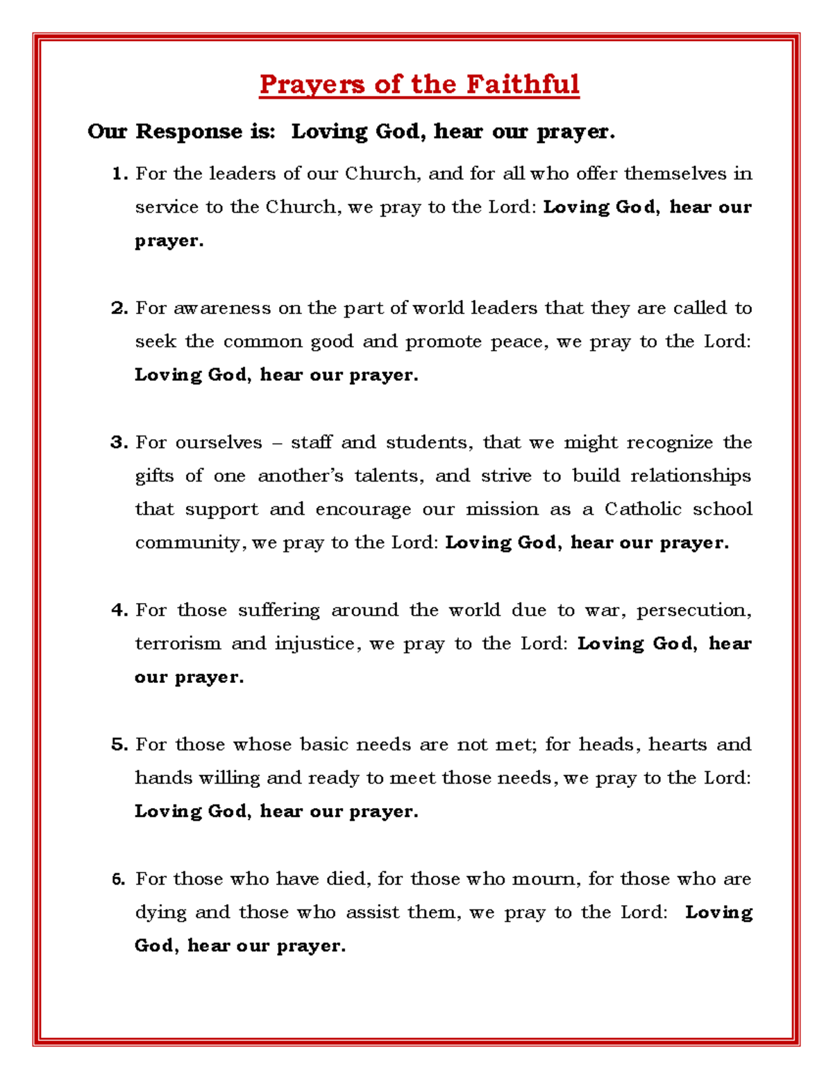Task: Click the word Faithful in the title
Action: pos(522,84)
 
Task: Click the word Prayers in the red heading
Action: pos(312,85)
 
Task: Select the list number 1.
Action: pos(119,174)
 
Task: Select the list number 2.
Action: pos(119,308)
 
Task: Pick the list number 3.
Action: pos(119,443)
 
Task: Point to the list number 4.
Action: pos(119,610)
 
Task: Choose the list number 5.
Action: pos(119,745)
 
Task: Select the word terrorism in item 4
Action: pos(177,643)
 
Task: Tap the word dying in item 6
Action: pos(160,913)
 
